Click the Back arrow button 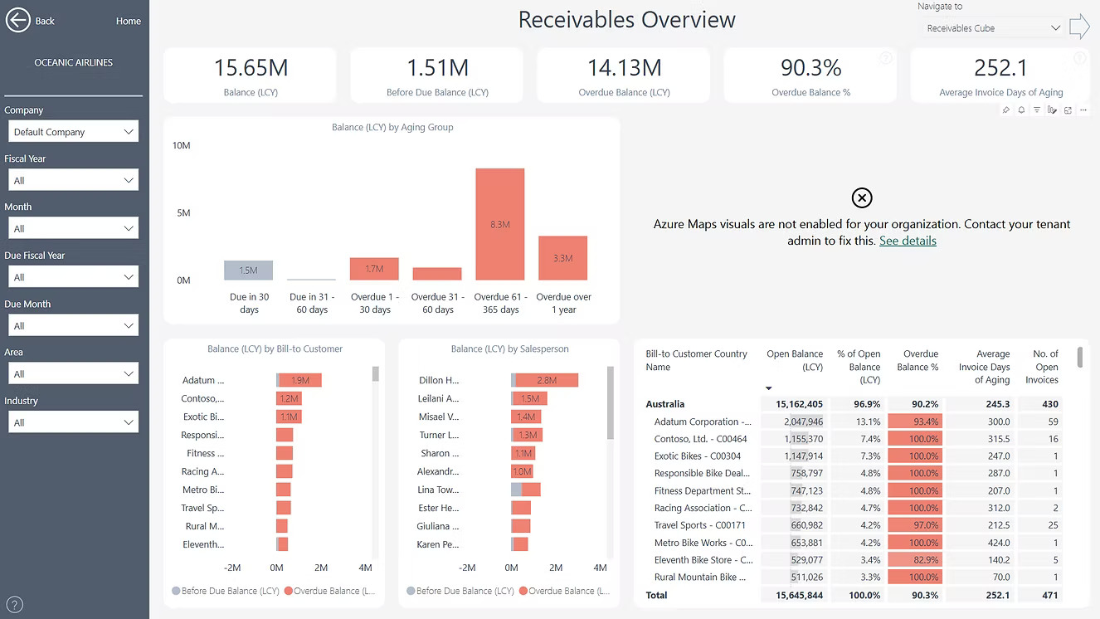18,21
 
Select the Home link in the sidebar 128,21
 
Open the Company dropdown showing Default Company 73,132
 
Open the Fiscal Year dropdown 73,180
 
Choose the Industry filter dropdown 73,422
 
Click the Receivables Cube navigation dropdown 993,28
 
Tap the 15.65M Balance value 251,68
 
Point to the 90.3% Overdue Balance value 810,68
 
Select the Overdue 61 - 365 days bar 499,224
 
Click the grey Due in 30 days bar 248,271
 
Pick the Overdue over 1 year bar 562,258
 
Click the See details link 908,241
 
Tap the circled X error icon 862,197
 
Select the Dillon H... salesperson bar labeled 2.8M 547,380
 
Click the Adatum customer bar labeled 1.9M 299,380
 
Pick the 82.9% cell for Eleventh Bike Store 915,560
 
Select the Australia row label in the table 665,404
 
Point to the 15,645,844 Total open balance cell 795,595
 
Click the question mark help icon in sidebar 14,605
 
